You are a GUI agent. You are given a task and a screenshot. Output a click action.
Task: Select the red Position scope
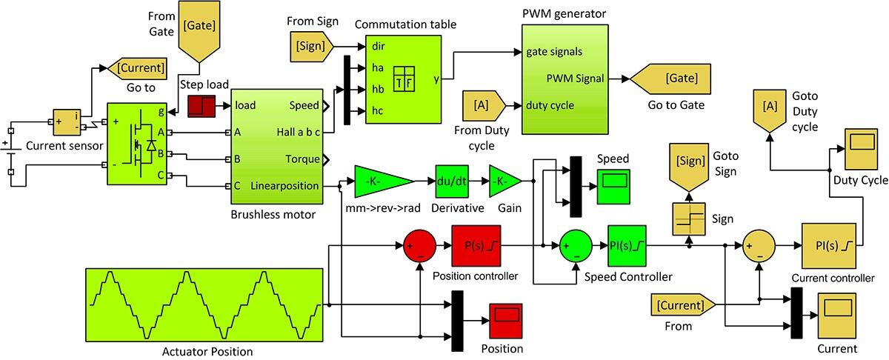click(506, 315)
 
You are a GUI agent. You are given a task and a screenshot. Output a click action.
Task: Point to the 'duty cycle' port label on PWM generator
click(550, 105)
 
